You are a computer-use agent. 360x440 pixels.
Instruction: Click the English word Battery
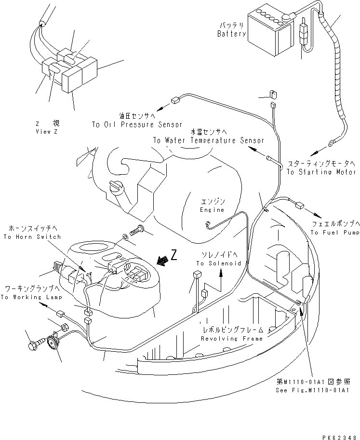[x=231, y=34]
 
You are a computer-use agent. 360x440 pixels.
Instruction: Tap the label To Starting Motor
[x=321, y=172]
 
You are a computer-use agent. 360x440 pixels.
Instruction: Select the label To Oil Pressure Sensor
[x=137, y=124]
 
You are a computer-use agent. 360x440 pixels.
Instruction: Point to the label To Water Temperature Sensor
[x=209, y=140]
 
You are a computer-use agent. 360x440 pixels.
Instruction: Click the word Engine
[x=213, y=210]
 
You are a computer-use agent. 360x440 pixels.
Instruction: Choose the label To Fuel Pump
[x=335, y=233]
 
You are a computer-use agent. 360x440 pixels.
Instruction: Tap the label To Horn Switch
[x=32, y=237]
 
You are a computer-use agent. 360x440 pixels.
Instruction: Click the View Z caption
[x=46, y=132]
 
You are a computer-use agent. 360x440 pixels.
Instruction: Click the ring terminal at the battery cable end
[x=332, y=143]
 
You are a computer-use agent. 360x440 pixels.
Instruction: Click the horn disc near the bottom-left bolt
[x=50, y=343]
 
